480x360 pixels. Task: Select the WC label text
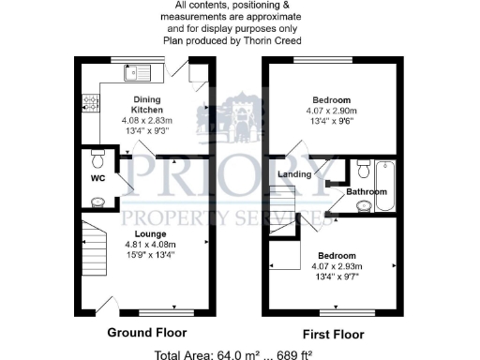pos(97,177)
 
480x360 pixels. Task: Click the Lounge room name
pos(150,233)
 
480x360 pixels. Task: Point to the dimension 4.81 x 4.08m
pos(150,244)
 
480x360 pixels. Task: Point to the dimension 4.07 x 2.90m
pos(332,111)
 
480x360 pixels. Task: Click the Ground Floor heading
pos(147,333)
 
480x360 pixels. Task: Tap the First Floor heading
pos(335,334)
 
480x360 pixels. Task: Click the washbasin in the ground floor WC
pos(97,200)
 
